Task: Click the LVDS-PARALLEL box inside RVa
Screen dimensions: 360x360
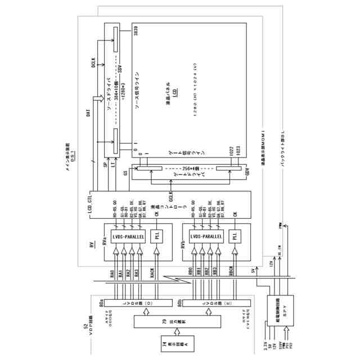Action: point(128,237)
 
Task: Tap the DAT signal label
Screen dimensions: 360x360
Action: point(88,113)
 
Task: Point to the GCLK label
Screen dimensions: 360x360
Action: point(171,194)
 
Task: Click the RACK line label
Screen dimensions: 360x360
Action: point(152,273)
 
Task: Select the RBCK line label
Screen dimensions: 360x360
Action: point(231,273)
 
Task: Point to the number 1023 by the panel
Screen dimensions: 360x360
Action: point(239,150)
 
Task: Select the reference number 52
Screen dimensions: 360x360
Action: point(86,326)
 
